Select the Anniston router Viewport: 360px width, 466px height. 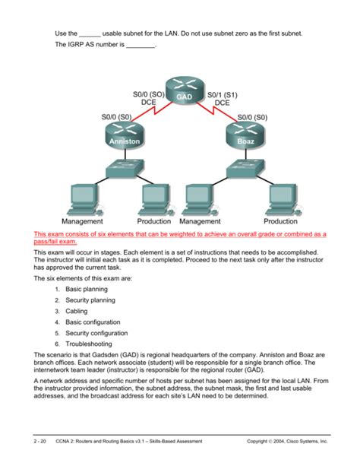pyautogui.click(x=125, y=135)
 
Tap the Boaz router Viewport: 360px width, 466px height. pyautogui.click(x=245, y=135)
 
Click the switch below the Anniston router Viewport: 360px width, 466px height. pyautogui.click(x=125, y=169)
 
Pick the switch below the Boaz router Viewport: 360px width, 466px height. pyautogui.click(x=245, y=169)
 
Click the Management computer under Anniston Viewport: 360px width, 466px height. pyautogui.click(x=85, y=200)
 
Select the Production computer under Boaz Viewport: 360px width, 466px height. pyautogui.click(x=283, y=200)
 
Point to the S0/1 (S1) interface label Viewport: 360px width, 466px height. pyautogui.click(x=223, y=95)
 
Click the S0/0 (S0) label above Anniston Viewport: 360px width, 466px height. pyautogui.click(x=116, y=117)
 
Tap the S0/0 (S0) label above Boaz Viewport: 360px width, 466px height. pyautogui.click(x=252, y=117)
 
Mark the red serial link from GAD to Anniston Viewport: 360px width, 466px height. pyautogui.click(x=152, y=112)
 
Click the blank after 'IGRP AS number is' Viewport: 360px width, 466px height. pyautogui.click(x=141, y=46)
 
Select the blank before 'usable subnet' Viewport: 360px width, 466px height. pyautogui.click(x=90, y=36)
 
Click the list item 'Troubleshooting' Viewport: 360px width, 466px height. pyautogui.click(x=89, y=344)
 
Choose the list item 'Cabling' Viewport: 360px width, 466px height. pyautogui.click(x=77, y=311)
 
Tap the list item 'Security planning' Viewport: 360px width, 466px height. pyautogui.click(x=90, y=300)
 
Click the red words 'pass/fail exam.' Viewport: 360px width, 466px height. pyautogui.click(x=55, y=241)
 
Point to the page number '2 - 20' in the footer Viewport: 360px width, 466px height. pyautogui.click(x=39, y=442)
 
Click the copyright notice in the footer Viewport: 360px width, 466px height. pyautogui.click(x=287, y=442)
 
